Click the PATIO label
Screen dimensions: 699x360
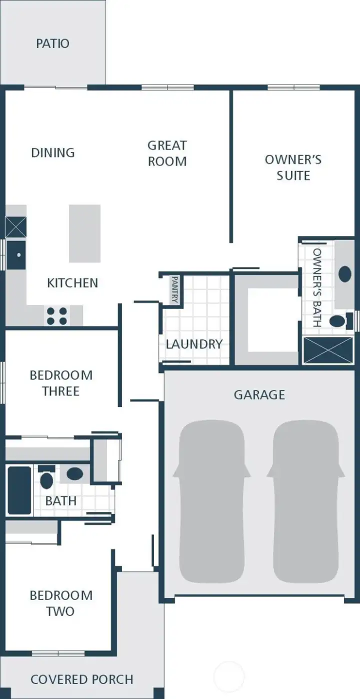click(52, 43)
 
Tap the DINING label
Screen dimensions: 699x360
click(53, 152)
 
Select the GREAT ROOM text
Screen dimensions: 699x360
click(167, 153)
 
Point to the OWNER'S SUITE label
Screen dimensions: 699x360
click(293, 167)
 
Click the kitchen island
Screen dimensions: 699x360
click(84, 233)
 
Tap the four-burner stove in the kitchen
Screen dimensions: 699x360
click(57, 316)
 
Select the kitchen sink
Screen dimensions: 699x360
click(16, 255)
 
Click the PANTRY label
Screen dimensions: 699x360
click(175, 289)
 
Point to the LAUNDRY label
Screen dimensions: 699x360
click(194, 344)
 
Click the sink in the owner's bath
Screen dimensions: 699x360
click(345, 273)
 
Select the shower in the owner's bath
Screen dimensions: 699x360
click(328, 350)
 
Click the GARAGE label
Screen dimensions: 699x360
click(259, 394)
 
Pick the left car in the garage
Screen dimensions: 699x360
click(211, 501)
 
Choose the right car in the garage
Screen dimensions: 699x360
click(305, 501)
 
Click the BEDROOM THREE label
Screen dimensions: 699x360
click(61, 383)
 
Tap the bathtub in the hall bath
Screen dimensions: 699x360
click(19, 490)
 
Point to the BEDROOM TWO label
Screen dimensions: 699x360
click(61, 603)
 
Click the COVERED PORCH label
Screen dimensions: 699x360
click(82, 679)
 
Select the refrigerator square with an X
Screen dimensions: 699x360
click(15, 227)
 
